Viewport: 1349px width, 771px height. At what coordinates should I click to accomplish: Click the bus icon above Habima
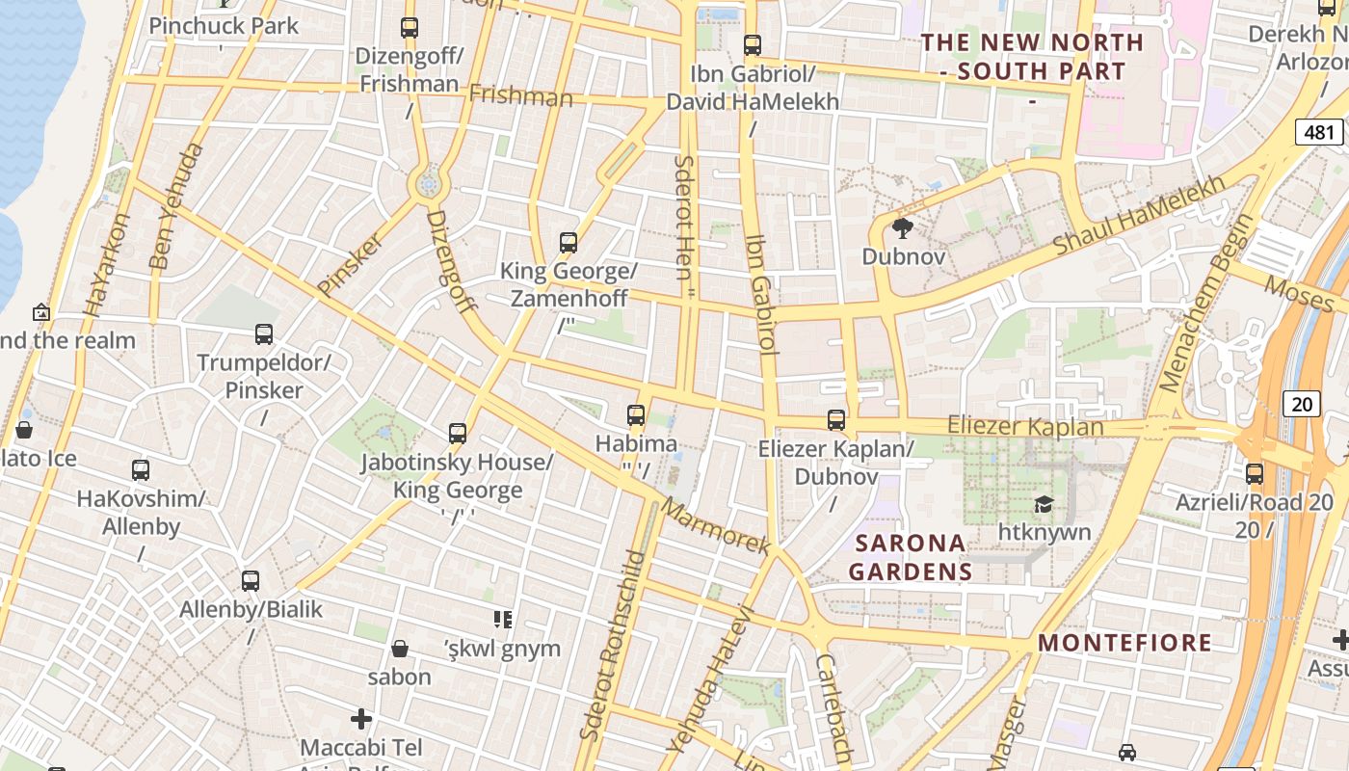(x=636, y=415)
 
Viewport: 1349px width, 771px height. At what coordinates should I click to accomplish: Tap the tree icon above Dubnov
(x=902, y=228)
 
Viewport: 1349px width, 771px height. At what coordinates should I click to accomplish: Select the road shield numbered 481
(x=1319, y=132)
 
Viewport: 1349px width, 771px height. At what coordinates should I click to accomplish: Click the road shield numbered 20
(x=1302, y=404)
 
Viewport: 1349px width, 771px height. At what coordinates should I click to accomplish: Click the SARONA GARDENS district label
(x=911, y=557)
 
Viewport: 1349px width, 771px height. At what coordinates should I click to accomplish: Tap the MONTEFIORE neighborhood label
(x=1124, y=643)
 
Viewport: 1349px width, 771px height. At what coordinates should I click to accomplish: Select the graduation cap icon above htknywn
(x=1043, y=504)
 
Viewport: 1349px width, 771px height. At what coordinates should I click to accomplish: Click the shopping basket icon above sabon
(x=400, y=649)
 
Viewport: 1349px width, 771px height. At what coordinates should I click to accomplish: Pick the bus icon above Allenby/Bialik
(x=251, y=581)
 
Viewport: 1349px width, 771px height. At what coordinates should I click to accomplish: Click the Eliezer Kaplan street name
(x=1025, y=426)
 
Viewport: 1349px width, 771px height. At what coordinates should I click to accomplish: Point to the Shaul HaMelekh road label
(x=1140, y=214)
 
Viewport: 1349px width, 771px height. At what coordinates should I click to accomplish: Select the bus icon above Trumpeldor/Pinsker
(x=264, y=334)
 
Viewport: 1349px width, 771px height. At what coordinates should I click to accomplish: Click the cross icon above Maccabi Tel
(x=361, y=719)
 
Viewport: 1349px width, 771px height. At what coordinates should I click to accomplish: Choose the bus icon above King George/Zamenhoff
(x=569, y=243)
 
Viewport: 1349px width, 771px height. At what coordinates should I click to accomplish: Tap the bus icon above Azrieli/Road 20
(x=1255, y=473)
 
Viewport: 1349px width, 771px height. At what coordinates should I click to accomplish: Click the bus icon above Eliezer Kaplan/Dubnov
(x=836, y=420)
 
